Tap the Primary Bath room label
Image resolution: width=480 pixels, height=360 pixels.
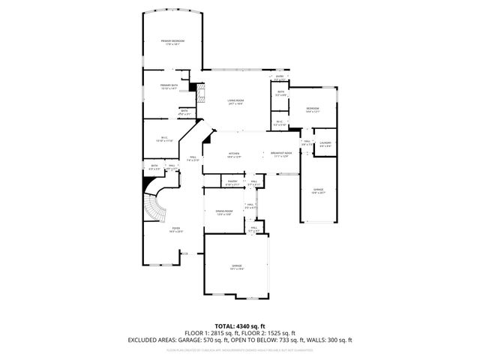pos(168,87)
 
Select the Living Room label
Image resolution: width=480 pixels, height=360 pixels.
pos(235,102)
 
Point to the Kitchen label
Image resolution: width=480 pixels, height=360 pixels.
pos(235,155)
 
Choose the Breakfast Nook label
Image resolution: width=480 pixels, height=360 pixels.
pos(282,155)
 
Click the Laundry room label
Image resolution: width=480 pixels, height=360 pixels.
pos(325,144)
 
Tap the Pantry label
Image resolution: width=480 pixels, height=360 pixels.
pos(232,182)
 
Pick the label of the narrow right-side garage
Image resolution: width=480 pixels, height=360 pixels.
pos(317,191)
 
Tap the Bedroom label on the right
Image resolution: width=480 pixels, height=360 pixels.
pos(313,110)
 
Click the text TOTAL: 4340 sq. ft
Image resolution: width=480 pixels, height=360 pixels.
pos(239,325)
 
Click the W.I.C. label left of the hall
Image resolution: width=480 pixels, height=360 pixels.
pos(163,139)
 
